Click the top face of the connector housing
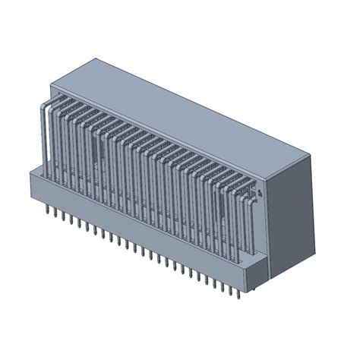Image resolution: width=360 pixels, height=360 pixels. [x=182, y=106]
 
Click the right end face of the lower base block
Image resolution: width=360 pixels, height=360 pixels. [x=258, y=270]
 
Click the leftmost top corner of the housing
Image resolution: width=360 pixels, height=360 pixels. [x=50, y=81]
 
